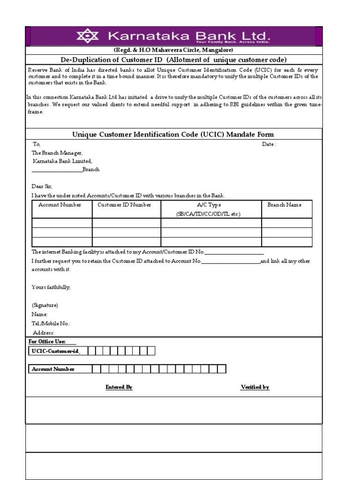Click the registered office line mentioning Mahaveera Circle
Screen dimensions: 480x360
click(x=173, y=50)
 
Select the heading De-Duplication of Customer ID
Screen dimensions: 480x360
click(x=173, y=60)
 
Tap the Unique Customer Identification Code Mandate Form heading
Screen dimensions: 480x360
click(x=173, y=135)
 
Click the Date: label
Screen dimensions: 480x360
click(x=269, y=144)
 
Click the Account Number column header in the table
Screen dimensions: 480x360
click(x=60, y=205)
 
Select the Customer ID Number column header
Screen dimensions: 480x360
click(x=124, y=205)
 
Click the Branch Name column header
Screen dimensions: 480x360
click(x=284, y=205)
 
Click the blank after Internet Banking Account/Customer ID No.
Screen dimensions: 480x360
click(x=234, y=253)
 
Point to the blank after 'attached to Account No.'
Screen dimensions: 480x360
click(x=231, y=262)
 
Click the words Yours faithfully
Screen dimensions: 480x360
click(x=51, y=287)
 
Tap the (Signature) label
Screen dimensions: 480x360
click(x=45, y=305)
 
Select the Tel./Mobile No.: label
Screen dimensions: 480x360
click(x=51, y=323)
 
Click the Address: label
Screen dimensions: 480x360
click(x=44, y=333)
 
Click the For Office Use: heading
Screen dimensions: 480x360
click(x=47, y=342)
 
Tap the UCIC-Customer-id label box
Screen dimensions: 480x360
click(x=54, y=351)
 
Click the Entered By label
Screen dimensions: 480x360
click(x=119, y=387)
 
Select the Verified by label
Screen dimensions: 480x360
click(x=255, y=387)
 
